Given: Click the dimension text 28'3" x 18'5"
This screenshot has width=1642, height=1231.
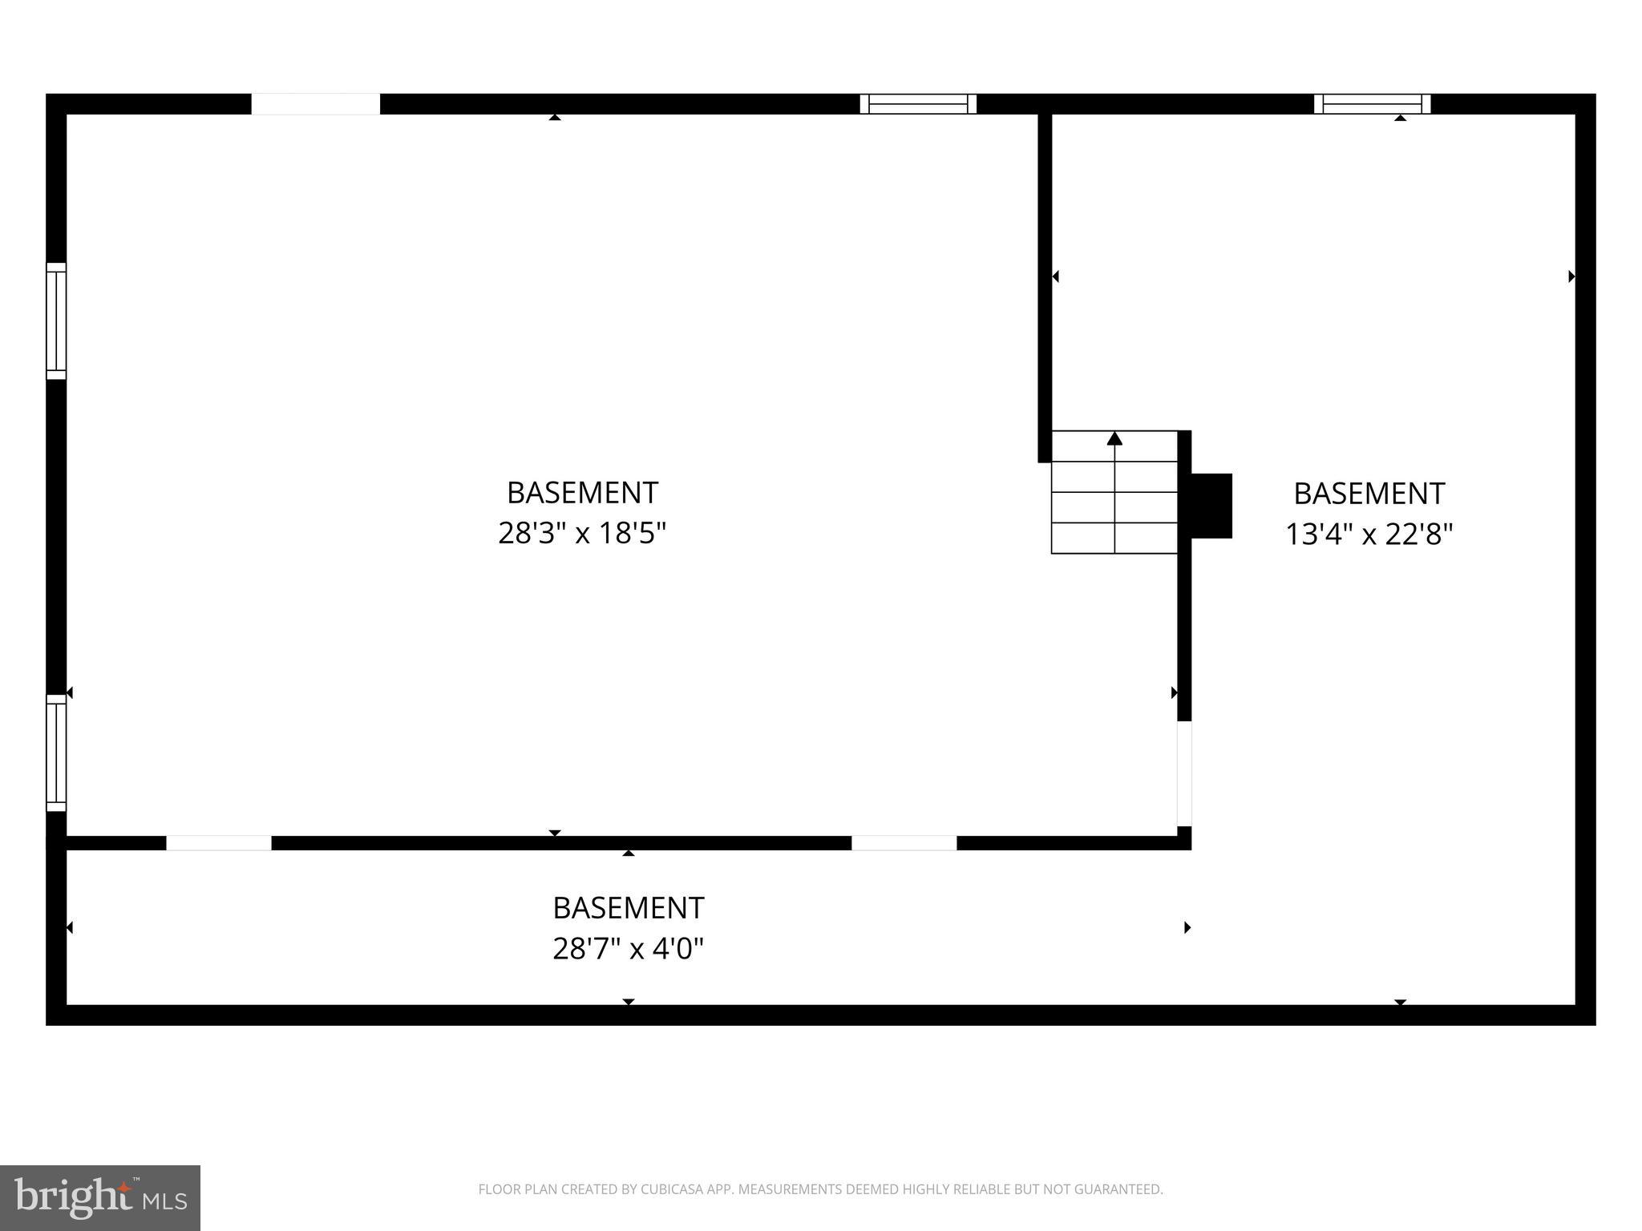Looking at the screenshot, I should (582, 533).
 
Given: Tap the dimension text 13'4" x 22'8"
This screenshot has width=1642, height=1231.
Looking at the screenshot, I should (1369, 534).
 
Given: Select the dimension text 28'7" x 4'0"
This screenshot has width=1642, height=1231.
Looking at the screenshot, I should (628, 949).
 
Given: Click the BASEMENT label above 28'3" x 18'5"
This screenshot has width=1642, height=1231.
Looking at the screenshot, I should (582, 493).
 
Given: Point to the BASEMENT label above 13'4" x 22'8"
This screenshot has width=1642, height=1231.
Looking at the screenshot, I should (1369, 494).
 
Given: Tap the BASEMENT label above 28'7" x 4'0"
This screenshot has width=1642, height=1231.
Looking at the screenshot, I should (628, 908).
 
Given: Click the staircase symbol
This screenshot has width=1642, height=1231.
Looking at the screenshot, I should (1114, 492).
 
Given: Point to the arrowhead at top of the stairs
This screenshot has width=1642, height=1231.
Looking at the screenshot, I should (1114, 438).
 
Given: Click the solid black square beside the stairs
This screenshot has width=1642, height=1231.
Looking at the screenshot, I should (1211, 506).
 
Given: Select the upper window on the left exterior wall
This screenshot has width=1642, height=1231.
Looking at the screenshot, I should (56, 321).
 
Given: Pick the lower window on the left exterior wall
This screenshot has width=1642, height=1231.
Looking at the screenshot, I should (56, 753).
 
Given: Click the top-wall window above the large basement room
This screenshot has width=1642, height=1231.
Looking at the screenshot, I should (918, 104).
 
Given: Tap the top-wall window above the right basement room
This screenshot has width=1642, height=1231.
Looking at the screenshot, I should (1372, 104).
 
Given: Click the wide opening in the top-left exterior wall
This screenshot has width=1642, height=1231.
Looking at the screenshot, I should (315, 104).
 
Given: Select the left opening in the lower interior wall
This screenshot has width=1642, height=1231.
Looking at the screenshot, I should (218, 843).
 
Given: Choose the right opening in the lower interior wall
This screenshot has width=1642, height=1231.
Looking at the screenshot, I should (904, 843).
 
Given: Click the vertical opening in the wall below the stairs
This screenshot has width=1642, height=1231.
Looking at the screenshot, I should (1184, 773).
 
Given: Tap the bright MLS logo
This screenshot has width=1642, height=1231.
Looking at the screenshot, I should (100, 1198).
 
